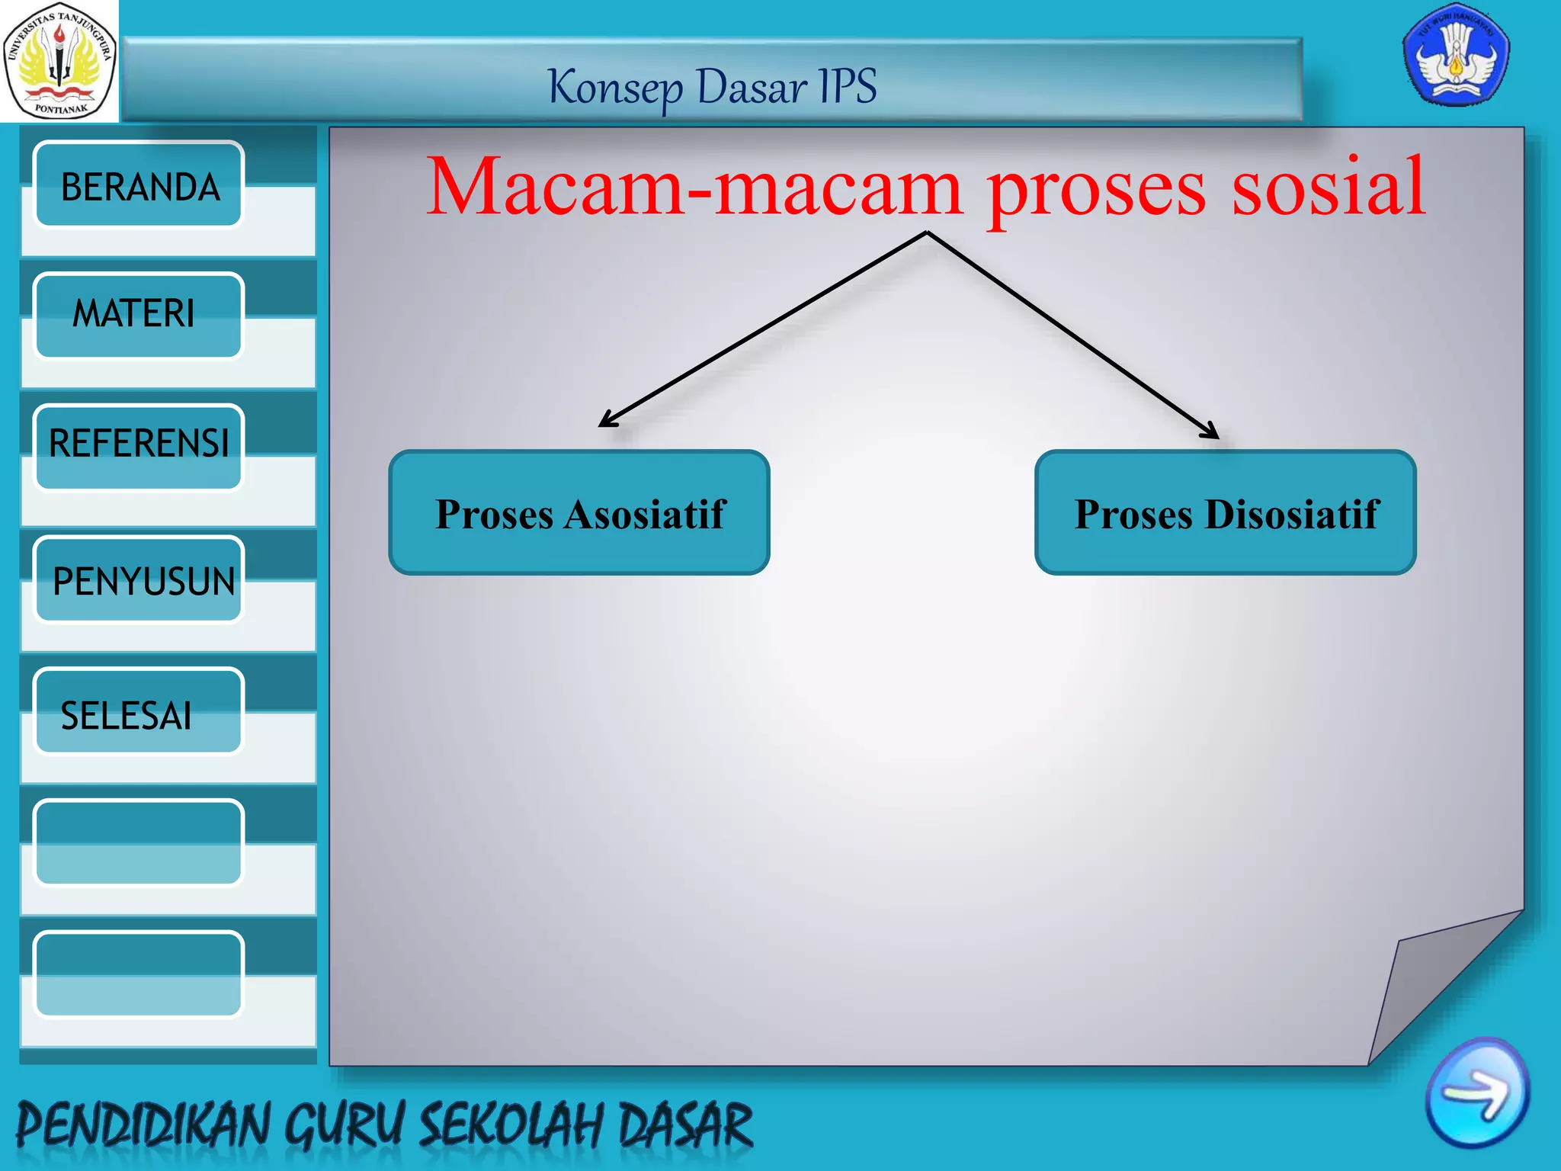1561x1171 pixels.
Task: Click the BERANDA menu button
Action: click(139, 184)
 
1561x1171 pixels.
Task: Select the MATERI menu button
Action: click(139, 315)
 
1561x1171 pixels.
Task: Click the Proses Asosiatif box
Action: click(579, 512)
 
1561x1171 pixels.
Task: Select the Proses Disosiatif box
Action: click(1225, 512)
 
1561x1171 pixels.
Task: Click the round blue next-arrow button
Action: click(1476, 1092)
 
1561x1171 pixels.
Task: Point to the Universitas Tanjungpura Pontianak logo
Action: click(59, 61)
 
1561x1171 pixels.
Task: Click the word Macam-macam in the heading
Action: click(694, 187)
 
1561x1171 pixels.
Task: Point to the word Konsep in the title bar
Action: click(616, 88)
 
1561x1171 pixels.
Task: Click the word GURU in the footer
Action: click(343, 1124)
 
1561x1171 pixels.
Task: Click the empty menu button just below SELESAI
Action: click(139, 842)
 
